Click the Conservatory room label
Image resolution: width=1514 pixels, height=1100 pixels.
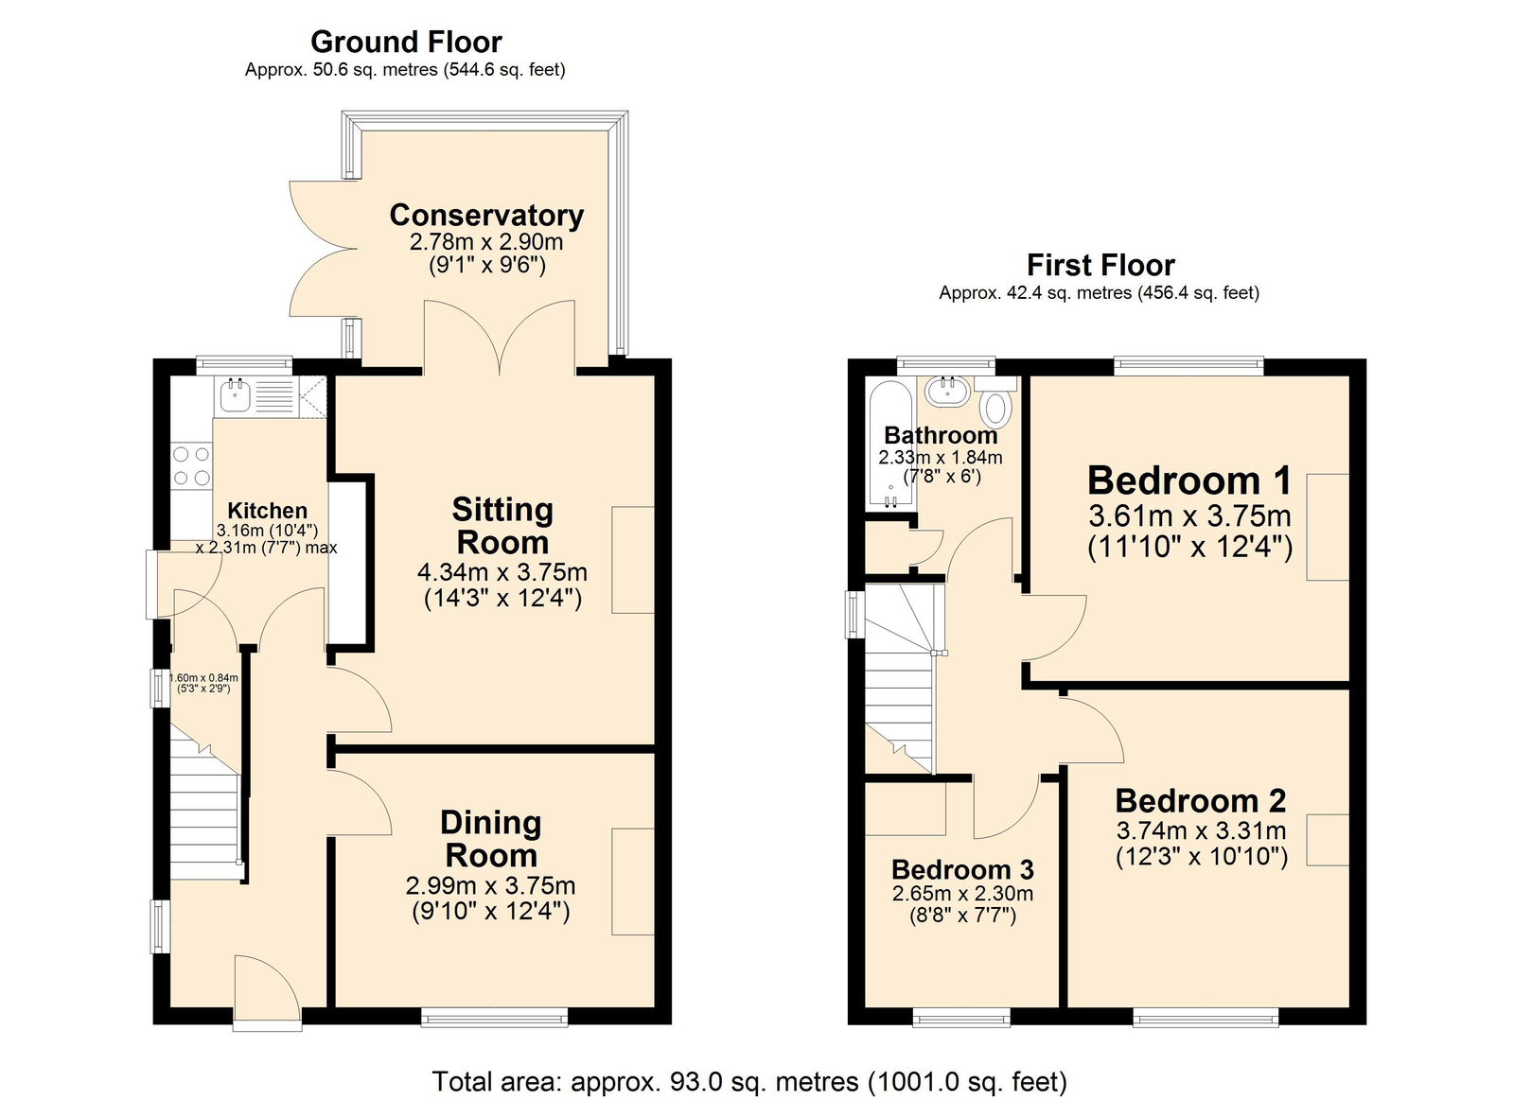(x=486, y=216)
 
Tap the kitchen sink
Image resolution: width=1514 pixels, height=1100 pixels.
(x=234, y=396)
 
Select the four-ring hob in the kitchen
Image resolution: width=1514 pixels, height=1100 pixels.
(x=191, y=466)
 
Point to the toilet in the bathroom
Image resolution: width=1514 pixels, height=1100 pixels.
(x=995, y=407)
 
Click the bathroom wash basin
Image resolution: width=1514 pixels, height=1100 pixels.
(x=945, y=390)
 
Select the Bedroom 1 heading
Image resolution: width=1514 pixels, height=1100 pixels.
(x=1188, y=480)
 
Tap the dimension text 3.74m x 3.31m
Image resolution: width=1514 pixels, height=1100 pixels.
(x=1201, y=831)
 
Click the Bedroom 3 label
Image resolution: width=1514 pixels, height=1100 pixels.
(x=961, y=869)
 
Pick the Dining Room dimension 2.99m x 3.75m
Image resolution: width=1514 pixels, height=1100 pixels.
(x=490, y=886)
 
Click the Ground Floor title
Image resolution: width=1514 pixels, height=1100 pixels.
(x=406, y=42)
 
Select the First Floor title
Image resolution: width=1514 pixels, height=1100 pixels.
(x=1100, y=265)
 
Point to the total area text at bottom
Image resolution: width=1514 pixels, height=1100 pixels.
(x=749, y=1081)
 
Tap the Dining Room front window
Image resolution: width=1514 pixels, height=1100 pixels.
(x=494, y=1017)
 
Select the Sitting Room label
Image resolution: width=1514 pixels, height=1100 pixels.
(x=502, y=526)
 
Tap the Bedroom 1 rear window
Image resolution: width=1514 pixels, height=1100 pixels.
(x=1188, y=364)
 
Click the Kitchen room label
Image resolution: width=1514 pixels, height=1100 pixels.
(x=267, y=511)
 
